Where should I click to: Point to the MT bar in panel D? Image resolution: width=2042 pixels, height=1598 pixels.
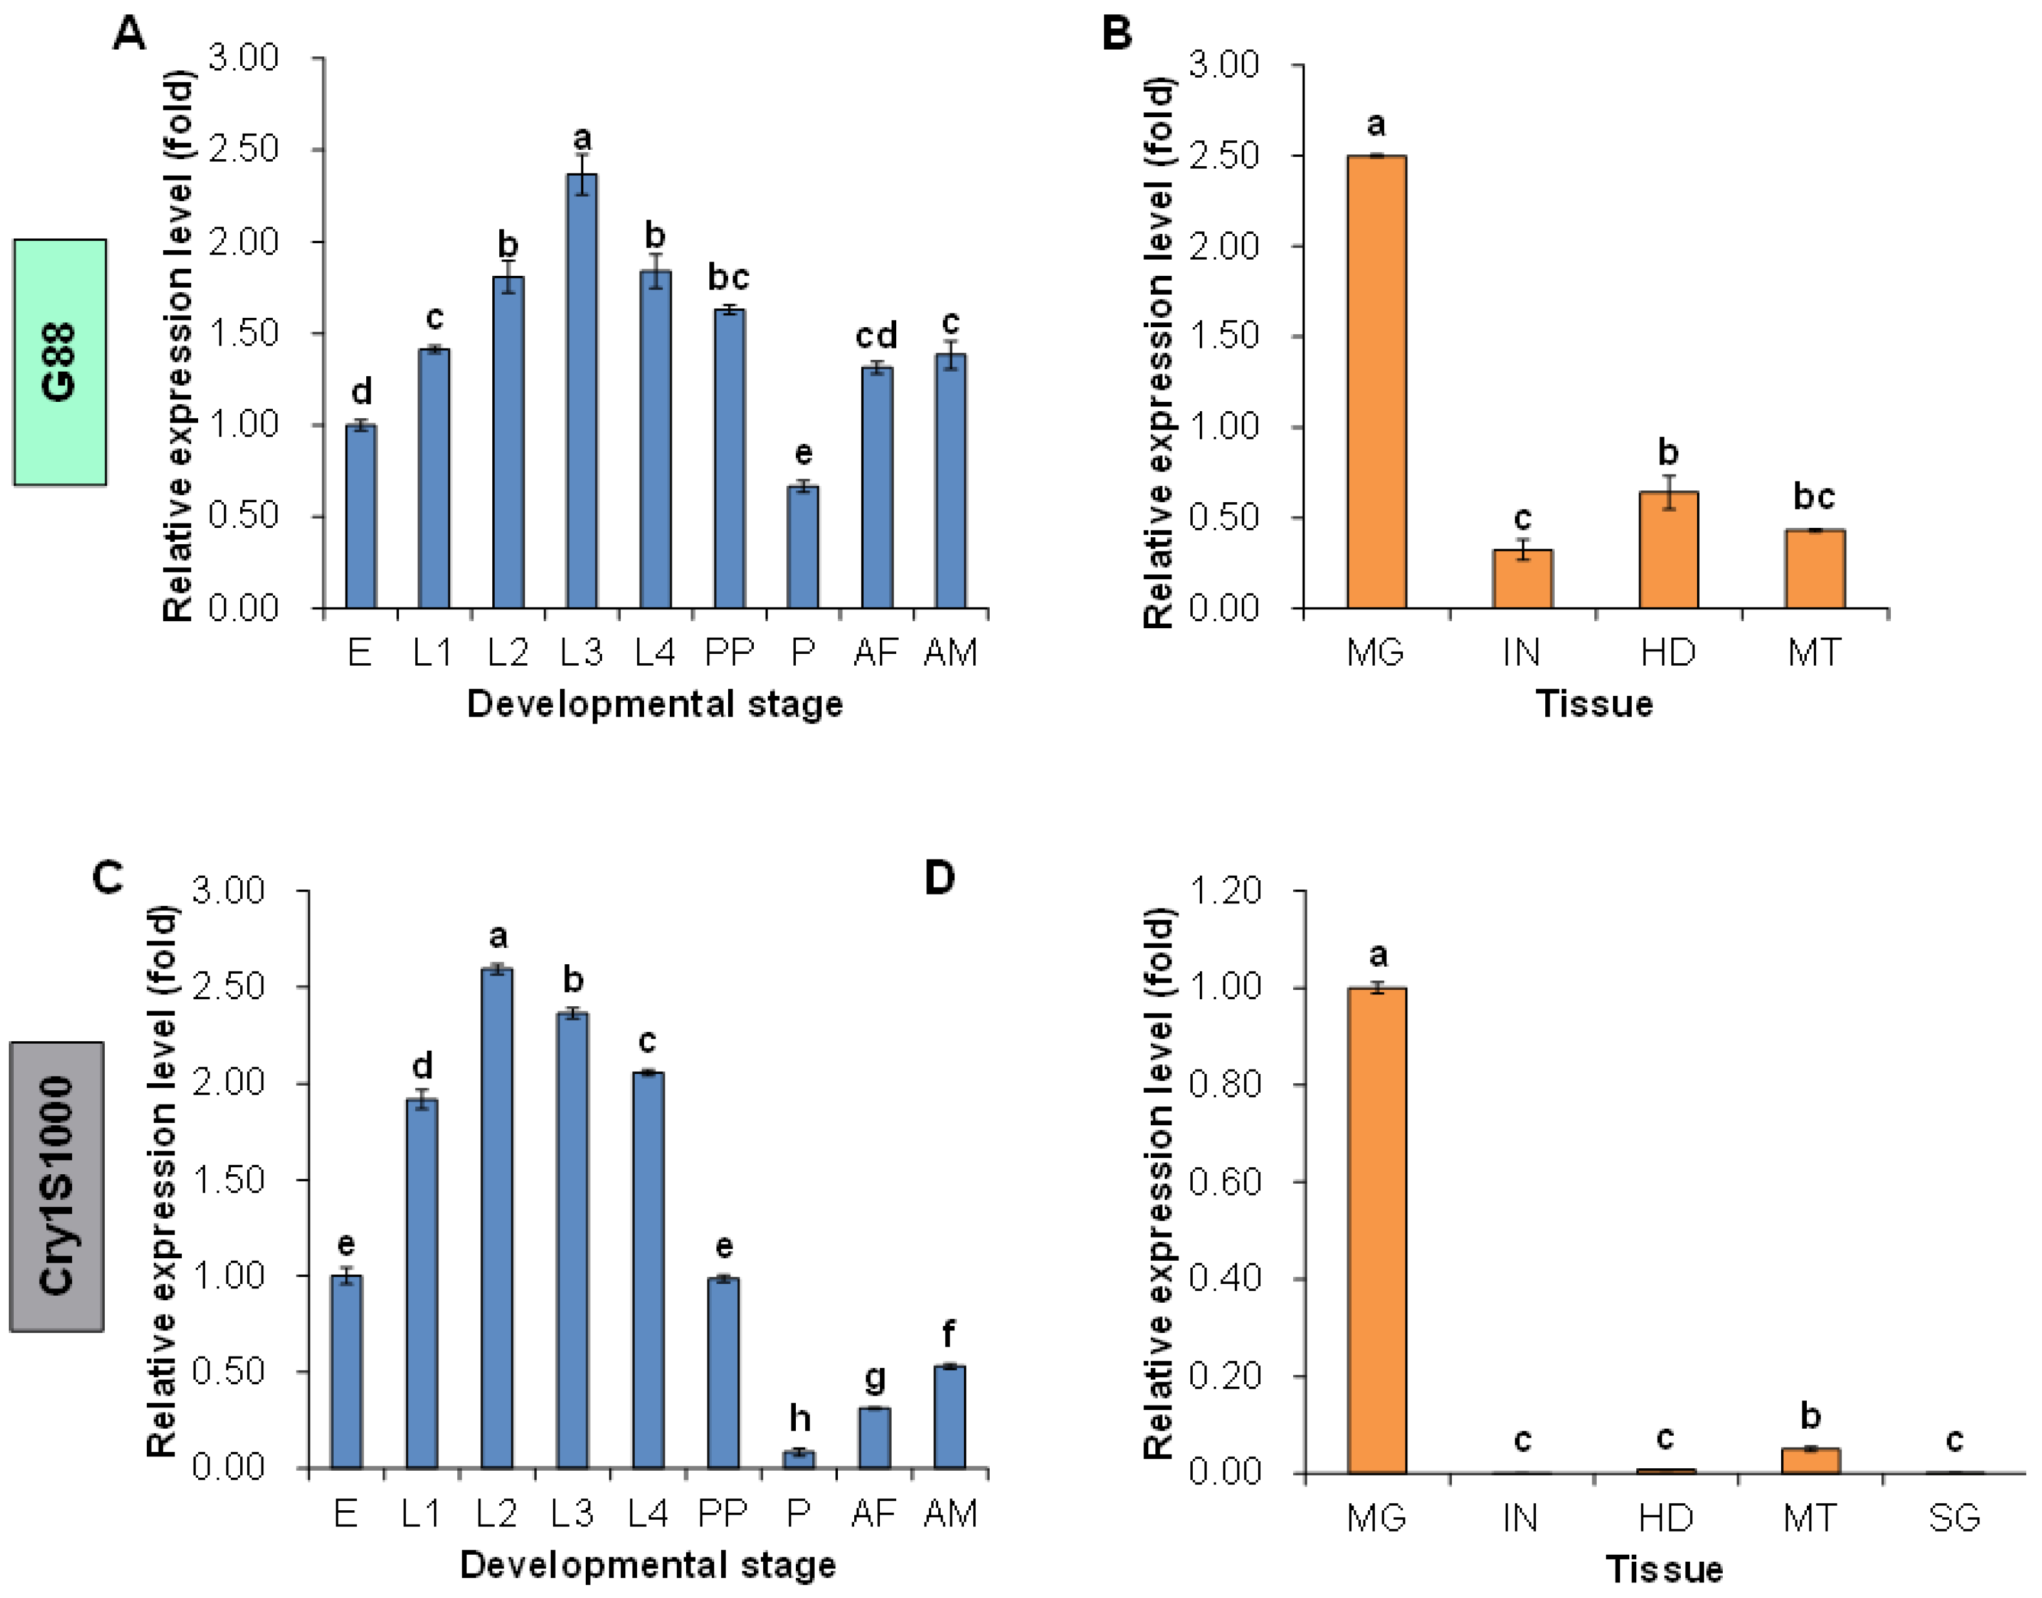pos(1810,1461)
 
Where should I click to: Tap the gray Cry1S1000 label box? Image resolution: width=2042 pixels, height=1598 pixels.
pos(57,1186)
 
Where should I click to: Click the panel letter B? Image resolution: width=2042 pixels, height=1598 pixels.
pos(1116,34)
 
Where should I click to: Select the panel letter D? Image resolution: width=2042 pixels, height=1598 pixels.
pos(939,878)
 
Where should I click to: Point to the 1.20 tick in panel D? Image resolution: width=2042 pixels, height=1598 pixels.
pos(1224,891)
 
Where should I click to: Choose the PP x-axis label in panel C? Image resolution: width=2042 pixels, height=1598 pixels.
pos(722,1513)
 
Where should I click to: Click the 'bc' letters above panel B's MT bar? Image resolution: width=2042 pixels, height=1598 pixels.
pos(1814,497)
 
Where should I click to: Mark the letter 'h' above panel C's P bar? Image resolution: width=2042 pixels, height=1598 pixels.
pos(799,1418)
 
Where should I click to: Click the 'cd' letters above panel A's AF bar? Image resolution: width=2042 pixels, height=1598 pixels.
pos(876,335)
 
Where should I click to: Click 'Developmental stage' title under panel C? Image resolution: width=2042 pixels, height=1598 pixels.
pos(648,1564)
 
